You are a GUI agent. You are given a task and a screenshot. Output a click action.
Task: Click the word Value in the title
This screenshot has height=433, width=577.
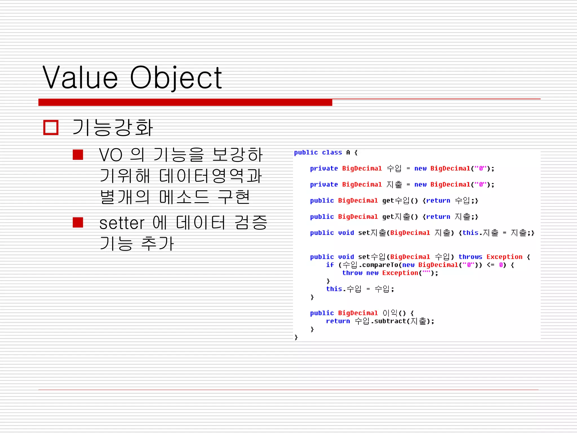(x=80, y=78)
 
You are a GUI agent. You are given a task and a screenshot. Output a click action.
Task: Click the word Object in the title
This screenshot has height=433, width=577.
(x=176, y=78)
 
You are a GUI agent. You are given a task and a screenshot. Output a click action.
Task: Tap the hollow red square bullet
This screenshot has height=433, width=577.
(x=51, y=127)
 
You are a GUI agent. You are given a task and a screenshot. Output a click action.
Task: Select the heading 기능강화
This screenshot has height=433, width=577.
(x=113, y=127)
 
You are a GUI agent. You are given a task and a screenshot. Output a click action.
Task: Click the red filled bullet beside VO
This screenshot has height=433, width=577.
(x=78, y=154)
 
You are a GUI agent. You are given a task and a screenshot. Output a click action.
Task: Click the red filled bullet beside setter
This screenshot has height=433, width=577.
(x=78, y=222)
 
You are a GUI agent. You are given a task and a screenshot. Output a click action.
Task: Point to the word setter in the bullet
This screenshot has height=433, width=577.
(x=122, y=223)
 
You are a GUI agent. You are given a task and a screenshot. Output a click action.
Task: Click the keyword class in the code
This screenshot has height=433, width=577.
(x=332, y=153)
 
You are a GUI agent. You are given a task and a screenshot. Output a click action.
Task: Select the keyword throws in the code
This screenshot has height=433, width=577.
(x=470, y=257)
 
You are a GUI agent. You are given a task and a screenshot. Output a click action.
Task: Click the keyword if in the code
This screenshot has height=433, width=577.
(x=330, y=265)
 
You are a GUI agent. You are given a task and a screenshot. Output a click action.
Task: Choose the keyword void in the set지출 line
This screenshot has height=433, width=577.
(x=346, y=233)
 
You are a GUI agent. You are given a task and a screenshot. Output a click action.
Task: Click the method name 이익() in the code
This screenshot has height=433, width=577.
(x=394, y=313)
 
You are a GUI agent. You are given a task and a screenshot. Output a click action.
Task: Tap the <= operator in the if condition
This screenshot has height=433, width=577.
(x=491, y=265)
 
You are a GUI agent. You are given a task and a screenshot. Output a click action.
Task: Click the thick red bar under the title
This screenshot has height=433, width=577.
(x=185, y=102)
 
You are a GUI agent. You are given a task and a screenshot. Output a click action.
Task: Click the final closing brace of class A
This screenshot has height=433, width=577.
(x=296, y=337)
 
